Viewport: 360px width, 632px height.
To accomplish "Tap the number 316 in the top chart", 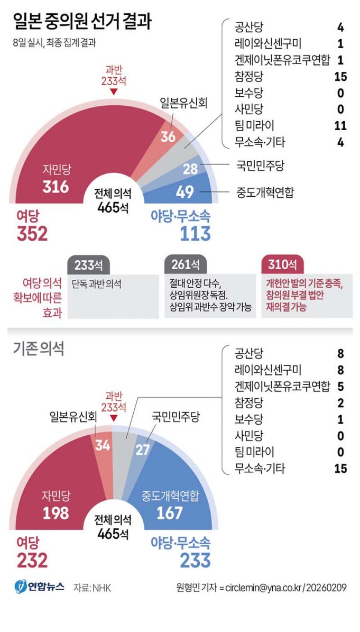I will (x=56, y=186).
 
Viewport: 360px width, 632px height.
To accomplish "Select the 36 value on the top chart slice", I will (x=168, y=136).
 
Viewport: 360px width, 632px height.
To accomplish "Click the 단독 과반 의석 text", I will (x=97, y=284).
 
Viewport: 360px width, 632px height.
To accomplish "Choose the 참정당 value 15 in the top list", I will (x=340, y=77).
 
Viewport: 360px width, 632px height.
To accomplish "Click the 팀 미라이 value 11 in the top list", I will (x=340, y=125).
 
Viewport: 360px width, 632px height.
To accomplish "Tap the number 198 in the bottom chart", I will (x=56, y=512).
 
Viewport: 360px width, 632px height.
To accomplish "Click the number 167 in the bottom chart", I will (x=170, y=512).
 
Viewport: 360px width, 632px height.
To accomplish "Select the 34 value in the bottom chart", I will (x=102, y=446).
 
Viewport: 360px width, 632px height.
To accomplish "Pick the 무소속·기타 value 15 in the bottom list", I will (x=340, y=468).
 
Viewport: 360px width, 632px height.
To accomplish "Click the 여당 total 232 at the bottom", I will (x=32, y=560).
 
